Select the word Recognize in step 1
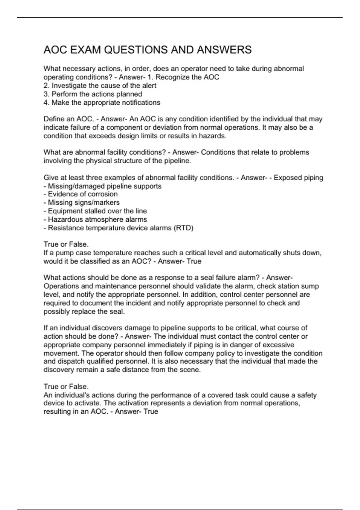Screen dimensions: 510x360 coord(172,77)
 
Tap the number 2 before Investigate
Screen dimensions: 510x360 coord(46,85)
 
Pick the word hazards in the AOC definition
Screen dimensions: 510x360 coord(213,136)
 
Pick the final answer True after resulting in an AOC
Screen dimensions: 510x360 coord(151,412)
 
